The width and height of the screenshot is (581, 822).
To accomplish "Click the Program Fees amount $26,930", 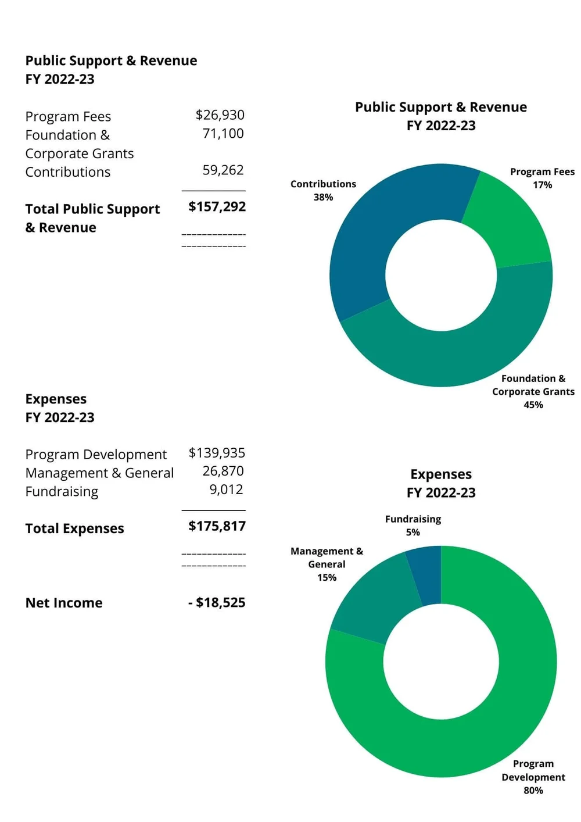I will [x=220, y=115].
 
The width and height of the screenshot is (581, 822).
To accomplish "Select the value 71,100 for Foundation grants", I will [x=223, y=134].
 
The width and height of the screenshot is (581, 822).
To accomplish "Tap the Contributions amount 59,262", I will [x=223, y=170].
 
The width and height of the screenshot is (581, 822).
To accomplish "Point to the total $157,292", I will [x=217, y=207].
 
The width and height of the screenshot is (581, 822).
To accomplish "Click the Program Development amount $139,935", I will [x=217, y=453].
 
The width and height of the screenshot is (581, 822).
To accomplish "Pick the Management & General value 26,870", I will [x=223, y=471].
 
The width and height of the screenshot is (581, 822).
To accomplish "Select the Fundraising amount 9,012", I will [x=226, y=489].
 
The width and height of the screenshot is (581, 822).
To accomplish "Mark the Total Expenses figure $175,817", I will [x=217, y=526].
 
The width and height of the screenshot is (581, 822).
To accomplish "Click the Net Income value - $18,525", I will [x=217, y=603].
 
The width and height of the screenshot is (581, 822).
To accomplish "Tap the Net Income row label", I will [x=64, y=603].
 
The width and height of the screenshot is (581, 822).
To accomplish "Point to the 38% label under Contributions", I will [x=323, y=198].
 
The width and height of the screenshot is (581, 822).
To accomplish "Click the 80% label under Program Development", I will [x=533, y=791].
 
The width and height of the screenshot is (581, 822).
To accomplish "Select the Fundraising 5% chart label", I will [x=413, y=532].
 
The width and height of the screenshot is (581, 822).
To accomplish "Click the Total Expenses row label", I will [x=74, y=528].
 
